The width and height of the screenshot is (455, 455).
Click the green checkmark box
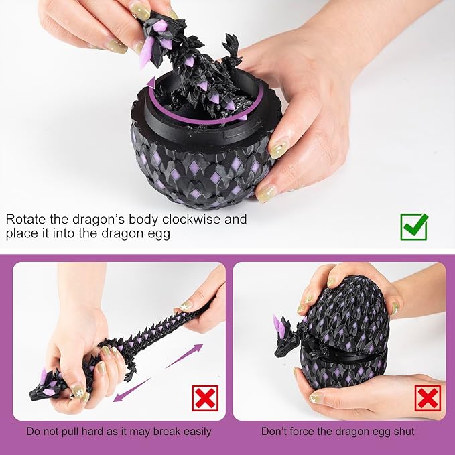413,226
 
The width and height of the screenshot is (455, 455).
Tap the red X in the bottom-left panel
204,397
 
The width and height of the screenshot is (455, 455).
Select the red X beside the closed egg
427,397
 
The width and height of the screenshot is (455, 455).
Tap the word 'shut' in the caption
401,432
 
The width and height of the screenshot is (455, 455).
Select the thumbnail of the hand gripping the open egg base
277,149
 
